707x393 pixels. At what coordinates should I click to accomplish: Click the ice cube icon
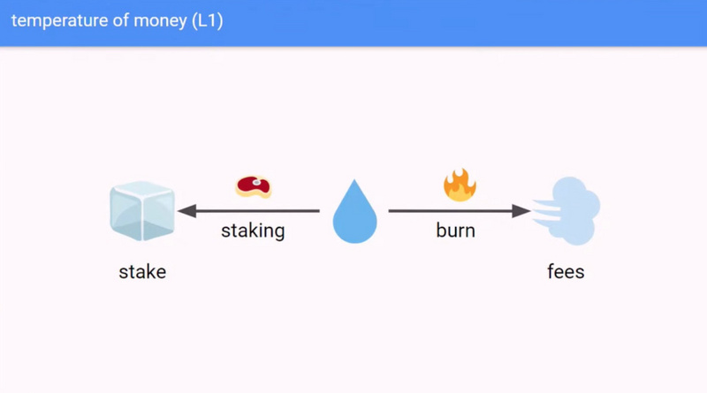142,212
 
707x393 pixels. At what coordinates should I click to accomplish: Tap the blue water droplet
354,214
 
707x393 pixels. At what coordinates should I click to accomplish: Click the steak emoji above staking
254,185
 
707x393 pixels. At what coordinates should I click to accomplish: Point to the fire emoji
459,185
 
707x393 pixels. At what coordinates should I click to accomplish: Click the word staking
253,231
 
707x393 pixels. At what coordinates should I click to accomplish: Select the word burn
455,231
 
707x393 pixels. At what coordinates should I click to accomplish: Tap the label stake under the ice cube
142,271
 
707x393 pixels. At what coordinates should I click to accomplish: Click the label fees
566,271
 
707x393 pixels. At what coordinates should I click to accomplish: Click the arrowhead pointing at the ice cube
185,211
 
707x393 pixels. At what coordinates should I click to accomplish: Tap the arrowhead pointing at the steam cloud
522,211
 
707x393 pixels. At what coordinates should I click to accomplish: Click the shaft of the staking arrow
256,211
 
